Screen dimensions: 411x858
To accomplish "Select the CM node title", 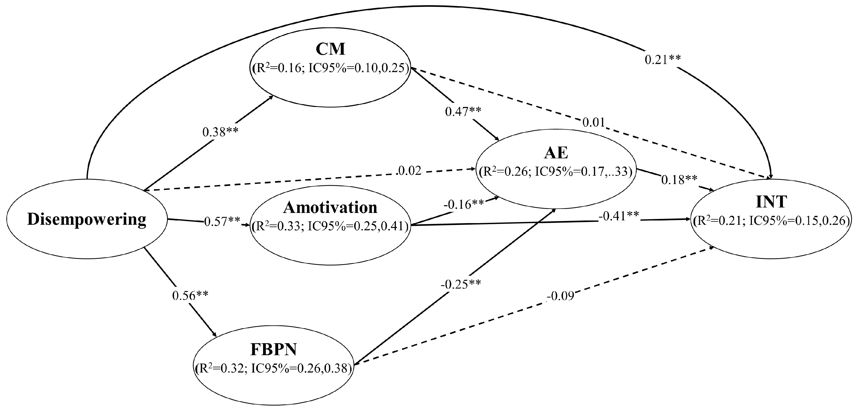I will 330,49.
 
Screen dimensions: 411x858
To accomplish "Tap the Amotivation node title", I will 330,208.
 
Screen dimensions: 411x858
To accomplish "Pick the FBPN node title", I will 273,350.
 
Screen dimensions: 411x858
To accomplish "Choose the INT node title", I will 771,202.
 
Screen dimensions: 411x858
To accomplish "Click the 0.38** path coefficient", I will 220,132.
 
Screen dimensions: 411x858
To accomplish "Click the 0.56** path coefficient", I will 190,295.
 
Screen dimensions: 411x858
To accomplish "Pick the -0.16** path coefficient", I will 463,204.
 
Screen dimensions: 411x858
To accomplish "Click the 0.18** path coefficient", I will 679,180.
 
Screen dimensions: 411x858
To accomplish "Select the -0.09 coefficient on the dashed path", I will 561,296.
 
